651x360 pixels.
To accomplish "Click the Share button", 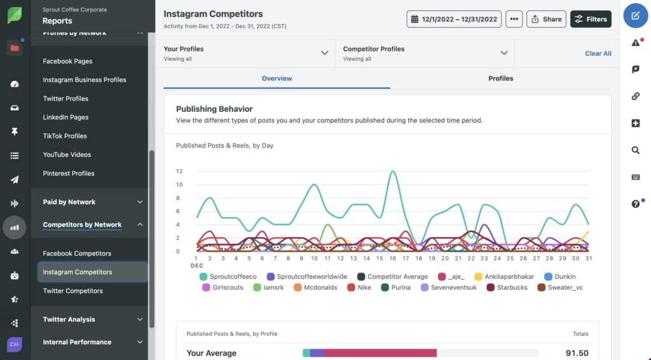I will coord(546,19).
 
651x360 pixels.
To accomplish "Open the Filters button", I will coord(591,19).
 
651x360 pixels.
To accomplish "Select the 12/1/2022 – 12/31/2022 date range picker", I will coord(454,19).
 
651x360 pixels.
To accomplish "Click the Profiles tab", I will coord(500,78).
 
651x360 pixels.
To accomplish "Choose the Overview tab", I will coord(277,78).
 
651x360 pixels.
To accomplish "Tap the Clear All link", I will coord(598,53).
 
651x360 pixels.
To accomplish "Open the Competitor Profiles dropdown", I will coord(425,53).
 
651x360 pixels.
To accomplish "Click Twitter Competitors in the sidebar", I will coord(72,291).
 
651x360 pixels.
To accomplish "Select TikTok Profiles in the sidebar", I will coord(65,136).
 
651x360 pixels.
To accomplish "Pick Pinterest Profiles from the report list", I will coord(69,173).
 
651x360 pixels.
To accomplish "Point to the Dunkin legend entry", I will coord(565,277).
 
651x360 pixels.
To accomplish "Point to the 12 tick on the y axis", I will coord(179,171).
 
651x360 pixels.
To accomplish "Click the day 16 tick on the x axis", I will coord(393,258).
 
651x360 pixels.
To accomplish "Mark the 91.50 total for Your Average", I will coord(577,353).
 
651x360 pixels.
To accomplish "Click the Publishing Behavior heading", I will coord(214,109).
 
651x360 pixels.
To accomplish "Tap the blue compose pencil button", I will coord(635,16).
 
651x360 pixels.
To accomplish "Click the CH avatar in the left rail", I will coord(14,344).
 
